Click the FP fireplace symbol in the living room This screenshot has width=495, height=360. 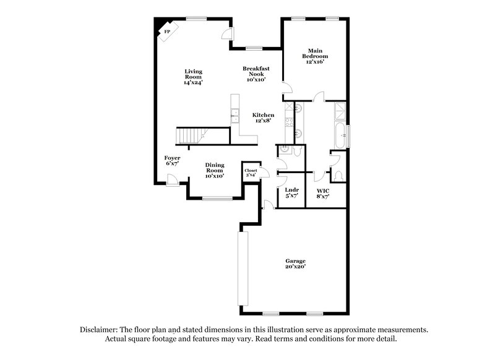[x=165, y=31]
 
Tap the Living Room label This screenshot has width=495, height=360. [x=193, y=77]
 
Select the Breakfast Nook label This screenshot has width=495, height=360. [x=256, y=74]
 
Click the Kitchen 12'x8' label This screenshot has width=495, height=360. [x=263, y=118]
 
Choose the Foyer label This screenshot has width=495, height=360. [x=172, y=161]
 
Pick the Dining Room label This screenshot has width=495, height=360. [x=215, y=170]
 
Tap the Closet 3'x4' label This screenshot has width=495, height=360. [x=251, y=173]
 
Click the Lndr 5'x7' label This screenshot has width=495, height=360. [x=292, y=193]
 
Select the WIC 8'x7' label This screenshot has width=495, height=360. [x=322, y=193]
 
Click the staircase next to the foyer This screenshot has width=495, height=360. [x=190, y=135]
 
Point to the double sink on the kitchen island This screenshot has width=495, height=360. [x=235, y=116]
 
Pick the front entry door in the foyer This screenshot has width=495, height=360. [x=173, y=180]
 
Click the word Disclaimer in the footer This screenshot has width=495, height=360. [x=99, y=330]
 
